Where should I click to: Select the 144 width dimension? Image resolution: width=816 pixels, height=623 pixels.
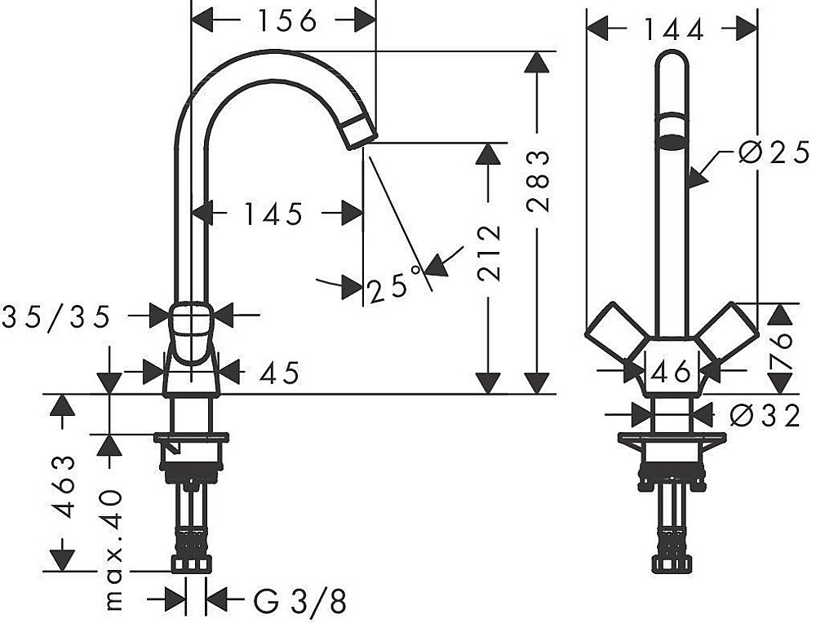[674, 29]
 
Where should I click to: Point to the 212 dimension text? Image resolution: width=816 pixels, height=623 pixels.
[489, 254]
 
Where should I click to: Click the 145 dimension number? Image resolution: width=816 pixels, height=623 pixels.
[273, 214]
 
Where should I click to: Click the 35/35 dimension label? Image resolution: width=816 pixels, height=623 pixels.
[56, 316]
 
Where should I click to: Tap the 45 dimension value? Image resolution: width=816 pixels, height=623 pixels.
[279, 373]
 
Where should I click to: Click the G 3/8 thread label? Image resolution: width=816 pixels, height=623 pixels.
[299, 602]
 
